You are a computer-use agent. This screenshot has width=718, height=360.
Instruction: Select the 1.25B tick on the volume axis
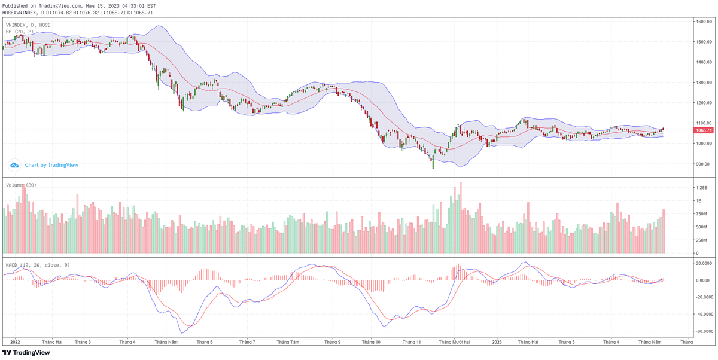701,187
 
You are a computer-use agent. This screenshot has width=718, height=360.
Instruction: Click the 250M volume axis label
701,240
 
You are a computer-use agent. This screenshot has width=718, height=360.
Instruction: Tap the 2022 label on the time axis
15,342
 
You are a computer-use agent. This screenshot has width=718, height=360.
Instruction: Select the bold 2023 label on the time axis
497,342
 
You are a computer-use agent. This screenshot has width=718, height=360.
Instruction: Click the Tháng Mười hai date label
454,342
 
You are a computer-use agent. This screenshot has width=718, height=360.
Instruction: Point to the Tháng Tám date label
288,342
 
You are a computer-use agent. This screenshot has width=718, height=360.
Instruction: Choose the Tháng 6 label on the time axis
205,342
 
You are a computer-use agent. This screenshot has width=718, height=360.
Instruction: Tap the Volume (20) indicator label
22,185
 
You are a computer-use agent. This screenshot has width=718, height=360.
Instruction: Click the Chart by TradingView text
51,165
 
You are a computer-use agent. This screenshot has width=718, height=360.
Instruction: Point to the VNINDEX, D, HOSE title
28,25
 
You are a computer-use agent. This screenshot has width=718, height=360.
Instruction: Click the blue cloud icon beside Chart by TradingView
14,165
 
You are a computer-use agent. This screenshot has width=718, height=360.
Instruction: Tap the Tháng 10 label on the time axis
371,342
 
